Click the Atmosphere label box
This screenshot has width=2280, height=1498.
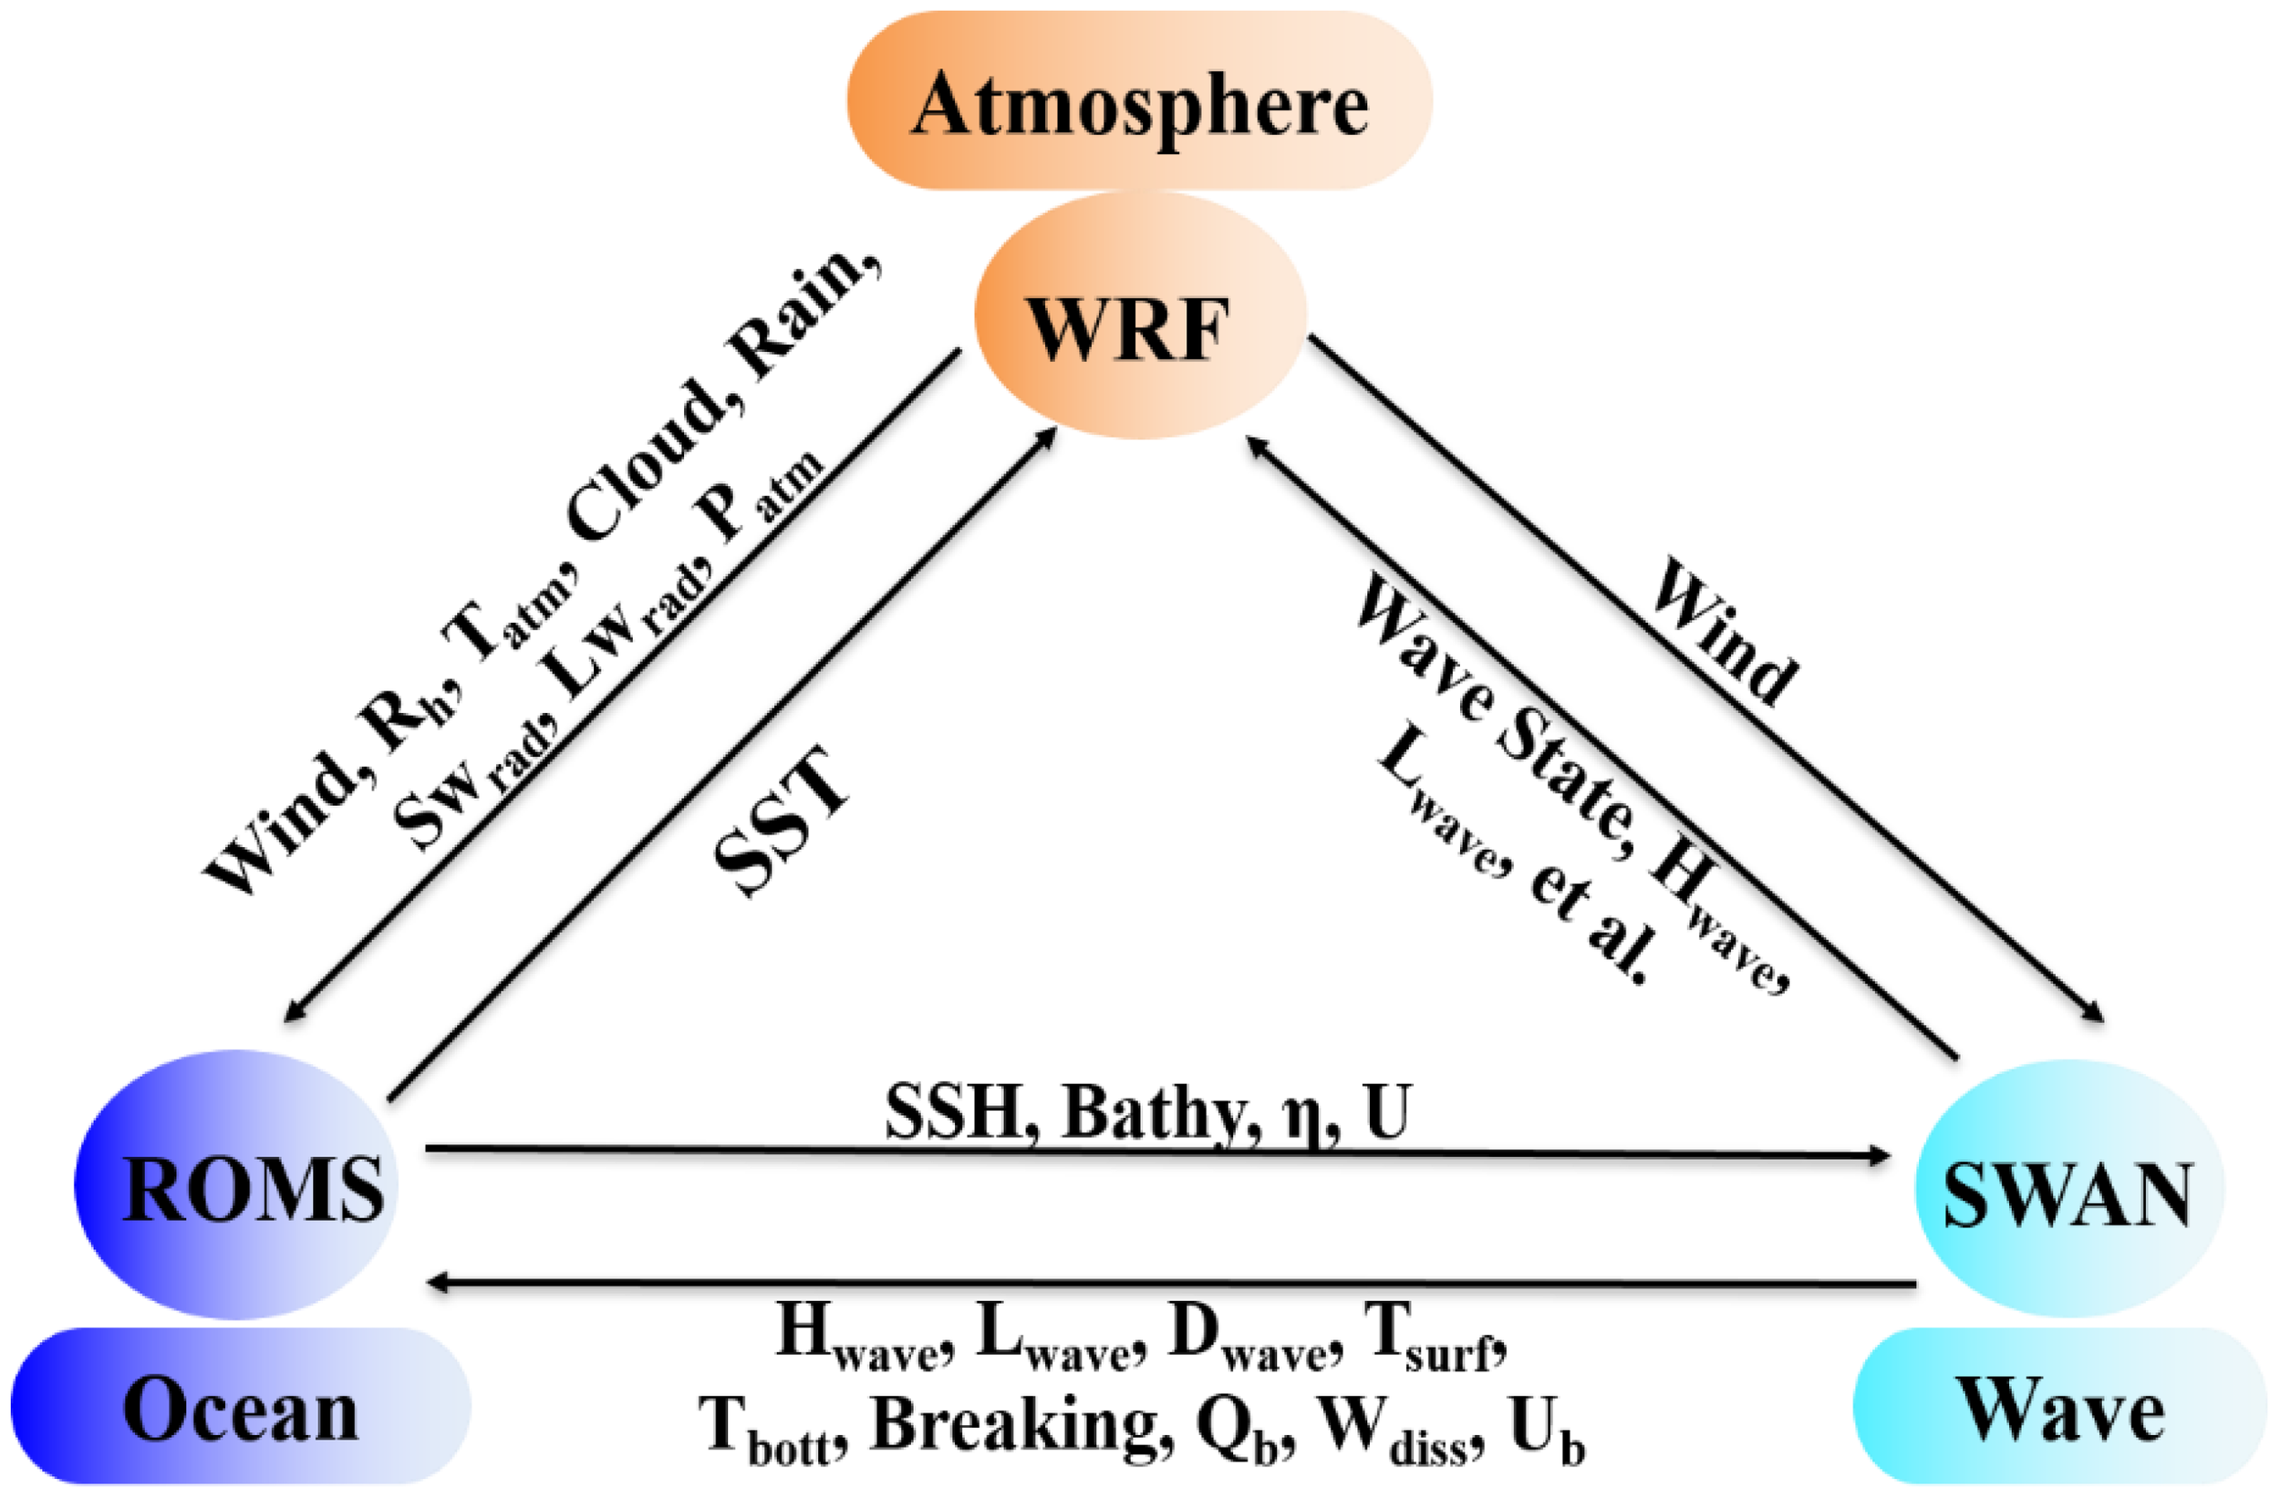point(1138,101)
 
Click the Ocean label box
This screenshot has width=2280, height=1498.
point(240,1406)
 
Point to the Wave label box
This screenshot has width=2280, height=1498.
point(2059,1406)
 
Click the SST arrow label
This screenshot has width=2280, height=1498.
point(780,819)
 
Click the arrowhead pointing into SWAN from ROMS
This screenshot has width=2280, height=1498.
point(1878,1156)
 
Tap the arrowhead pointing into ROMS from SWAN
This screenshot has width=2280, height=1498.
point(439,1282)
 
